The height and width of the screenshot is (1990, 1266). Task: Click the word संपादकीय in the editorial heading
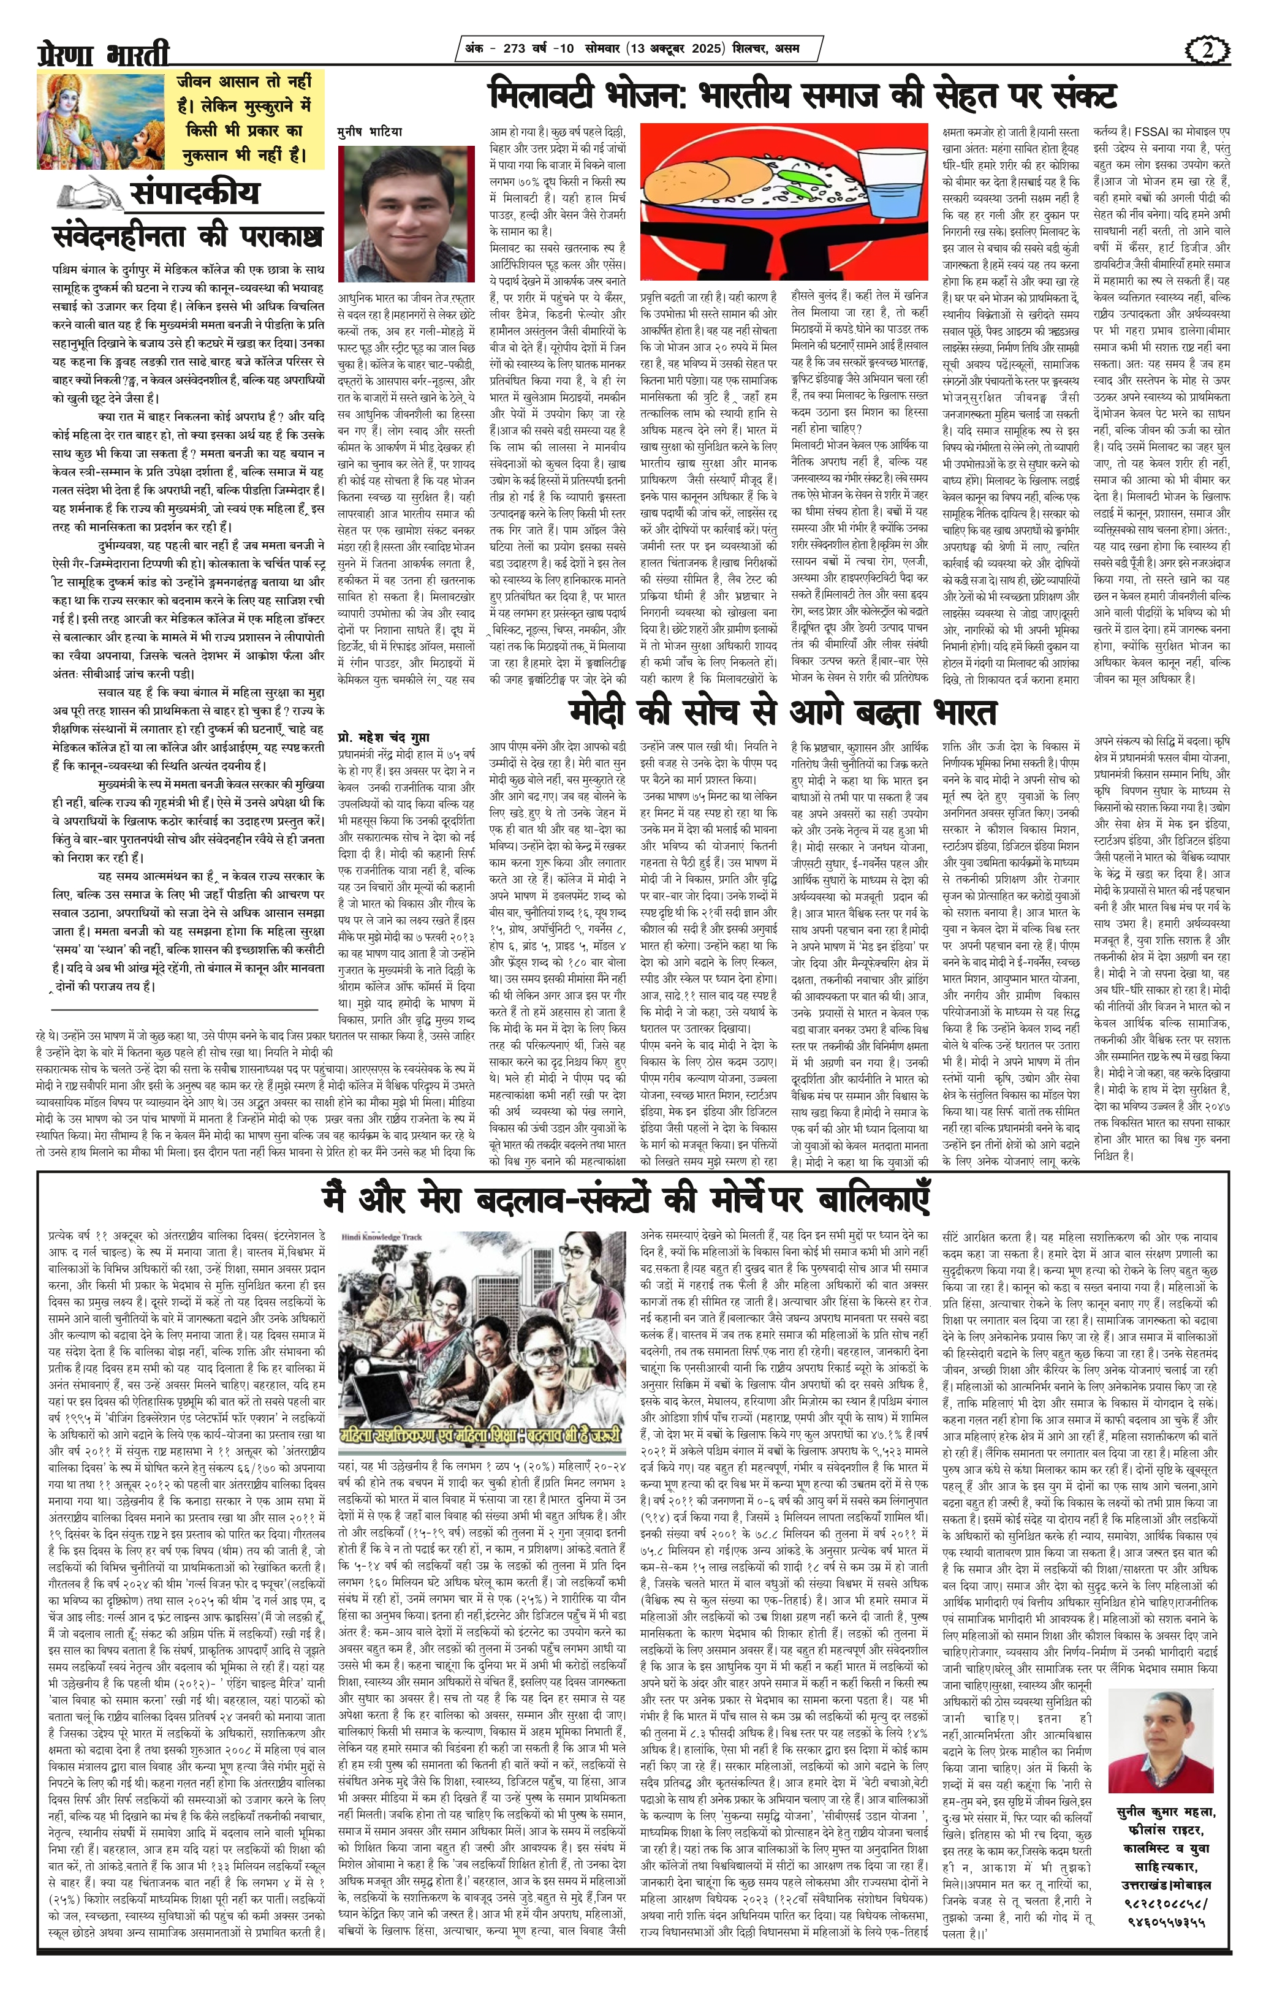pyautogui.click(x=194, y=192)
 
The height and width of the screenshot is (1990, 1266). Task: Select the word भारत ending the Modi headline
pyautogui.click(x=963, y=711)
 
